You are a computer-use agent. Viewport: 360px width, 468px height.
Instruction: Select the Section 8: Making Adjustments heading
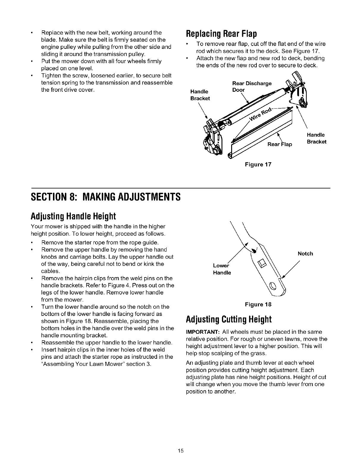[106, 197]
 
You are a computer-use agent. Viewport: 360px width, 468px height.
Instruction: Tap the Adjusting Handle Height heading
[73, 216]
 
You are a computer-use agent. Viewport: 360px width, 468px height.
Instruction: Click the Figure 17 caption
[258, 164]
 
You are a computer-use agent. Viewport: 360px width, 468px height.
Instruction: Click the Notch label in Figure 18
[305, 254]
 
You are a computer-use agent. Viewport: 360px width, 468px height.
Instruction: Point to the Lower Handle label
[222, 269]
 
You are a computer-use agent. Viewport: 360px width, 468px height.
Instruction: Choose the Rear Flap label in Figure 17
[280, 145]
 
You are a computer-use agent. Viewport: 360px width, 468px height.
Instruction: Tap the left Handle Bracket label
[200, 95]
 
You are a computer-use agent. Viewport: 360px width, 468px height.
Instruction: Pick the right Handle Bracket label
[317, 138]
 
